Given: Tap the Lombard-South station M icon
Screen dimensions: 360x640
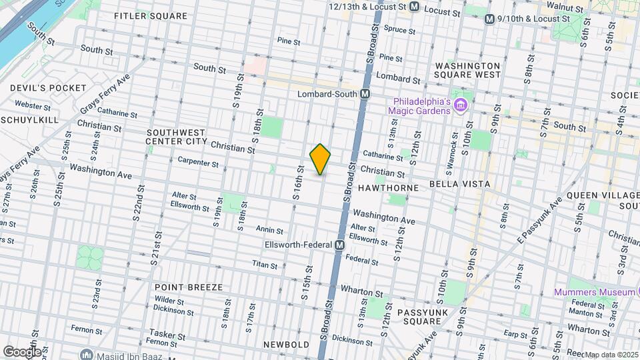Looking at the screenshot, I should pyautogui.click(x=365, y=94).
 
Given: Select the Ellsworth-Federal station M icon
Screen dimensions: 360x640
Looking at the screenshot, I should pyautogui.click(x=339, y=245).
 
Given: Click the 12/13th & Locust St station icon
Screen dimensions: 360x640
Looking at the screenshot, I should pyautogui.click(x=414, y=7).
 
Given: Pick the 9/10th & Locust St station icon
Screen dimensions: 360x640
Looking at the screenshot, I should pyautogui.click(x=490, y=19).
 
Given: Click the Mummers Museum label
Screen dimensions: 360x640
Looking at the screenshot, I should pyautogui.click(x=593, y=292).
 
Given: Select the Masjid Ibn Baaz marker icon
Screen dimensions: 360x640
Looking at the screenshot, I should pyautogui.click(x=85, y=354).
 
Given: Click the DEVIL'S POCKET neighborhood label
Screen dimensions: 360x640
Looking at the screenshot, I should pyautogui.click(x=48, y=88).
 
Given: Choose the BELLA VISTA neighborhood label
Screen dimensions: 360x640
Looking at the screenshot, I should pyautogui.click(x=459, y=183).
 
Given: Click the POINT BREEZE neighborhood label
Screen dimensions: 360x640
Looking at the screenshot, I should pyautogui.click(x=189, y=287).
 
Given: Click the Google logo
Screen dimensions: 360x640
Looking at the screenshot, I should pyautogui.click(x=21, y=351).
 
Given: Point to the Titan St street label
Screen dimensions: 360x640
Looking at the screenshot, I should pyautogui.click(x=265, y=265).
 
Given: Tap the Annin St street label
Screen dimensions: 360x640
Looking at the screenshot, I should pyautogui.click(x=270, y=230).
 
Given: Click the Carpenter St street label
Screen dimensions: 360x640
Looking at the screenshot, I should pyautogui.click(x=198, y=163).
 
